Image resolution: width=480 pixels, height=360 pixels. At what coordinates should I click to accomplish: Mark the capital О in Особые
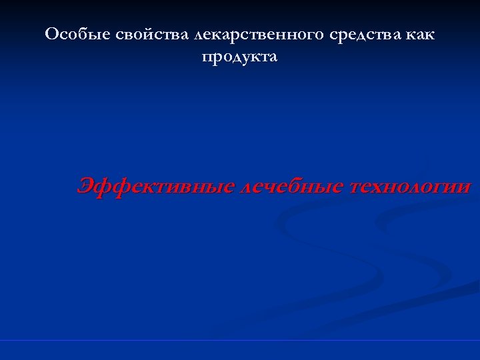51,35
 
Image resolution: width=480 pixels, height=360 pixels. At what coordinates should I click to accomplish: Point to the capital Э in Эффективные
85,186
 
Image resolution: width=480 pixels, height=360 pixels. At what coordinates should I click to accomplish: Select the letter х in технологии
382,188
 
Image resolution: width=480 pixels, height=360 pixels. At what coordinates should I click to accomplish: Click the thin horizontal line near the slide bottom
240,341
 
